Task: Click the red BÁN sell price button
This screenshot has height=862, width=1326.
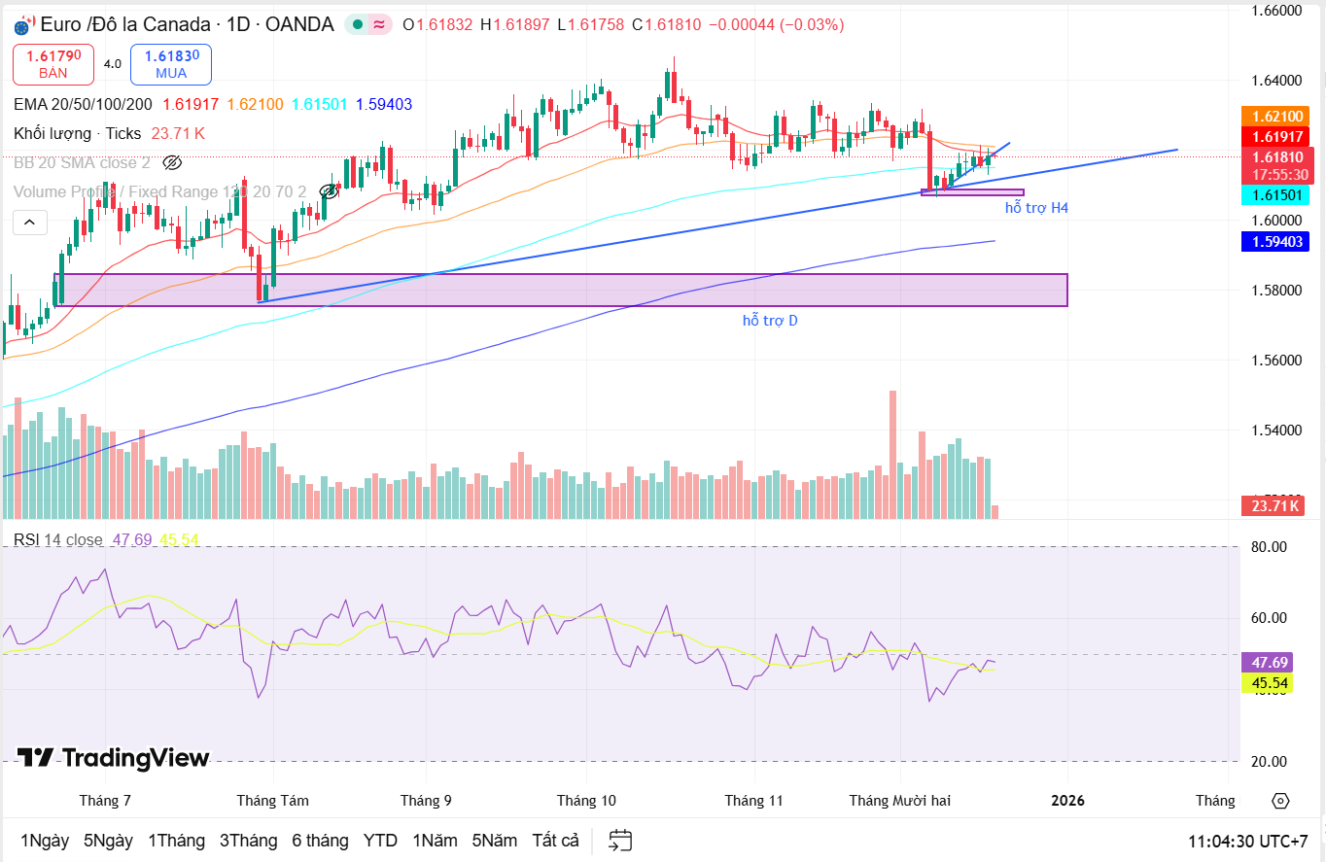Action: point(53,64)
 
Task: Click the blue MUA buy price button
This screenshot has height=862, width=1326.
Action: point(171,64)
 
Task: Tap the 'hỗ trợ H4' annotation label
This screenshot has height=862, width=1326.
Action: point(1036,208)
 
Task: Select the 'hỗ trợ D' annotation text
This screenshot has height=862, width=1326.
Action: point(770,320)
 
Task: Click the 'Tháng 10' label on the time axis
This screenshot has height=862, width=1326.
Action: point(586,801)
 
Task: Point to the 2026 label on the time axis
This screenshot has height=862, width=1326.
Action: point(1067,801)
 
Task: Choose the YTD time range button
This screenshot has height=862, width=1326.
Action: point(380,841)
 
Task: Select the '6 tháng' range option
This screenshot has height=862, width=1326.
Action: point(320,841)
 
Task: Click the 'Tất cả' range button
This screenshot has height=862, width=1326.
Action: point(555,841)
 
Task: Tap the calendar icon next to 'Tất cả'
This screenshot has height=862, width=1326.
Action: point(620,841)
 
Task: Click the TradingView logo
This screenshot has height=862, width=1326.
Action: point(113,758)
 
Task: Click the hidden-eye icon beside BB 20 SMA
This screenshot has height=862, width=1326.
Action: point(172,162)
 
